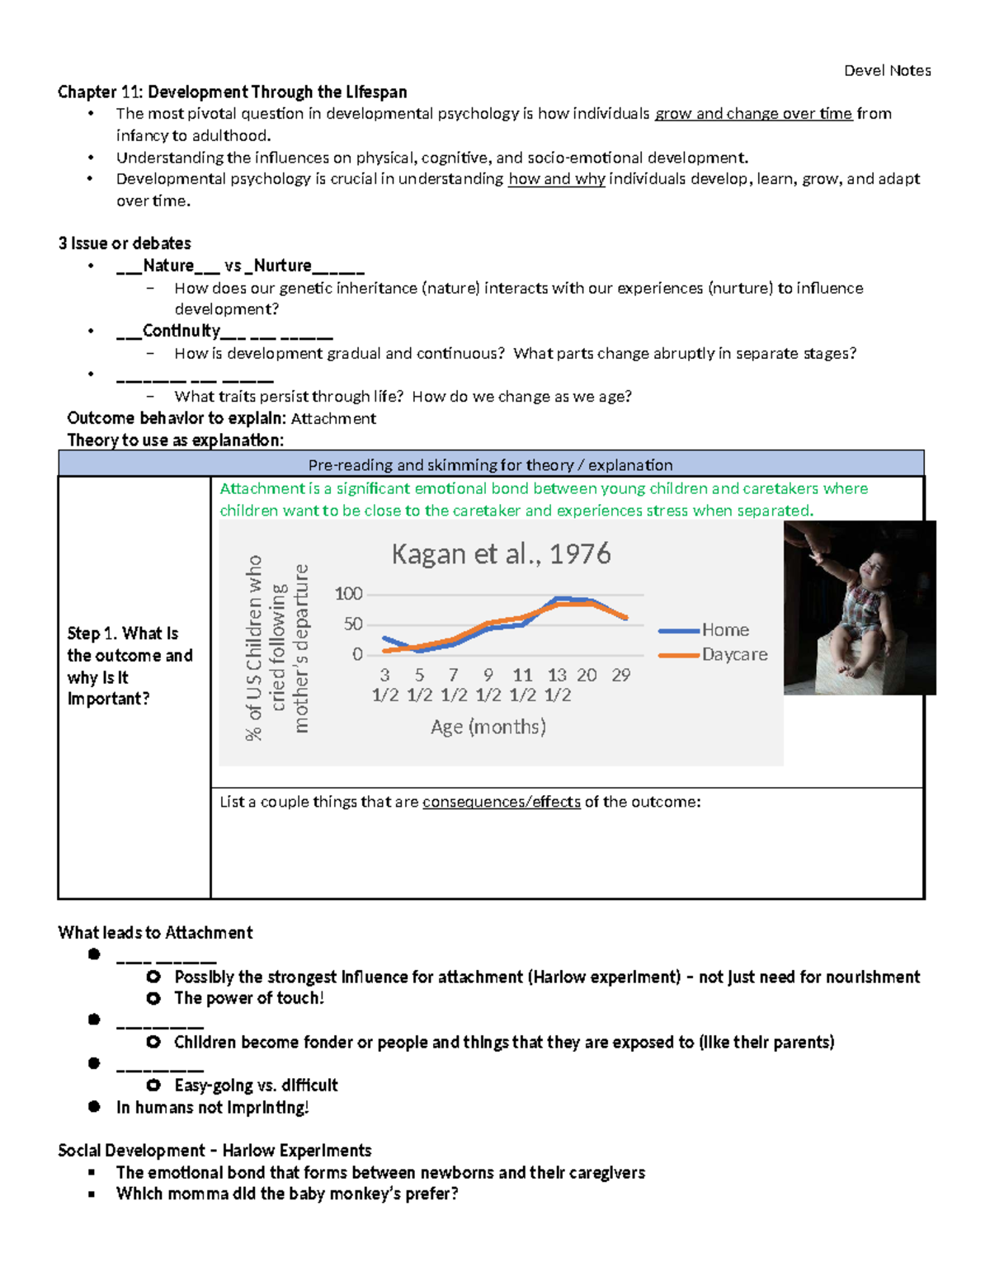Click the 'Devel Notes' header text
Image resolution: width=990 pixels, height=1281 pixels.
coord(887,71)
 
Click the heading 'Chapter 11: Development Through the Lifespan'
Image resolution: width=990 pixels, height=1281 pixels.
coord(232,92)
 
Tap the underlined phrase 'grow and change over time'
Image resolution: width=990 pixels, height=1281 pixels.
coord(753,114)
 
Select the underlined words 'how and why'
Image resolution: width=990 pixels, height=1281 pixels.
coord(556,179)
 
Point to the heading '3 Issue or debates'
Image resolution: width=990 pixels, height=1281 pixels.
coord(125,243)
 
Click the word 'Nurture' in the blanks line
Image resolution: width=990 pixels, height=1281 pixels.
coord(282,266)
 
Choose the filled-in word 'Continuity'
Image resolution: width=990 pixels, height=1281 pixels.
coord(181,331)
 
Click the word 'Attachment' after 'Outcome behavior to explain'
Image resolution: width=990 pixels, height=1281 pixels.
coord(333,419)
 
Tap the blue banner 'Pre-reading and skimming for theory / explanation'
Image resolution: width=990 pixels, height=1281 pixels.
coord(490,465)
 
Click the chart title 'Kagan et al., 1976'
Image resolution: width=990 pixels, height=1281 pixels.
coord(501,553)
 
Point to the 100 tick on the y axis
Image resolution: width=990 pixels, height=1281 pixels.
coord(348,594)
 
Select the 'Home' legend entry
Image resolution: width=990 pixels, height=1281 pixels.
coord(725,630)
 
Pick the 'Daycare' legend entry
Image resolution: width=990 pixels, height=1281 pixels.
coord(734,655)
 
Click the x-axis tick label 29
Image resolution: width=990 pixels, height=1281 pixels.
coord(620,676)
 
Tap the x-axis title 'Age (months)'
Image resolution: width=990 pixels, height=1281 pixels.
coord(488,727)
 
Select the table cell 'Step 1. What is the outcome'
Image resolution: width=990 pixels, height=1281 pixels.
coord(130,666)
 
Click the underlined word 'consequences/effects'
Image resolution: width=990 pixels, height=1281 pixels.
coord(501,802)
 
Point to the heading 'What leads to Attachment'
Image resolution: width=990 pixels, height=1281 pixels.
coord(155,933)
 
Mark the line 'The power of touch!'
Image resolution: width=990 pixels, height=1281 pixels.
coord(249,998)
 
